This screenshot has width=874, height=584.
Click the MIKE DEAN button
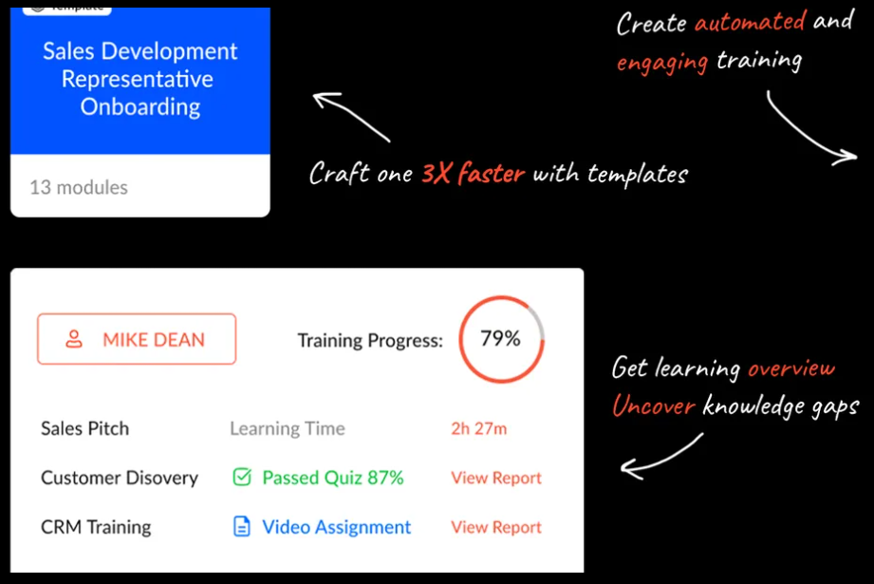pos(137,339)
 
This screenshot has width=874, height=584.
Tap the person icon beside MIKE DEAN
pos(74,339)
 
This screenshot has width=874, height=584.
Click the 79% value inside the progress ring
pos(500,338)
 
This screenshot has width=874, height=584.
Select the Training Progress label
pos(369,340)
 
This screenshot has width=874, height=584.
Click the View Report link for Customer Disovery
pos(495,478)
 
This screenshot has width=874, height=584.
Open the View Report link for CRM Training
pos(495,527)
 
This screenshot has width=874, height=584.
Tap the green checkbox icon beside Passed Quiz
pos(242,478)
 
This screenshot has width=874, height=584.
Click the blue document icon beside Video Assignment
pos(242,527)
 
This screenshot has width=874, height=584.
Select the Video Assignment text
pos(337,527)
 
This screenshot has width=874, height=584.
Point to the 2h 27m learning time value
pos(478,428)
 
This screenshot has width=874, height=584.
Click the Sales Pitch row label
pos(84,428)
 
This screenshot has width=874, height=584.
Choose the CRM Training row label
pos(96,527)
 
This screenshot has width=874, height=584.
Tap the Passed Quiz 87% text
pos(332,478)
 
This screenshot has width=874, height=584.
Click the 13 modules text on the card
pos(79,187)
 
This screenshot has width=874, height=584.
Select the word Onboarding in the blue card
pos(140,106)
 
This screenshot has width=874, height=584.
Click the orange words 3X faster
pos(473,174)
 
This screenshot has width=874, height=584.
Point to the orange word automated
pos(750,22)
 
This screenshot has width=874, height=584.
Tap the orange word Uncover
pos(653,406)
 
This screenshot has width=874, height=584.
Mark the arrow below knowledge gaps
pos(662,455)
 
